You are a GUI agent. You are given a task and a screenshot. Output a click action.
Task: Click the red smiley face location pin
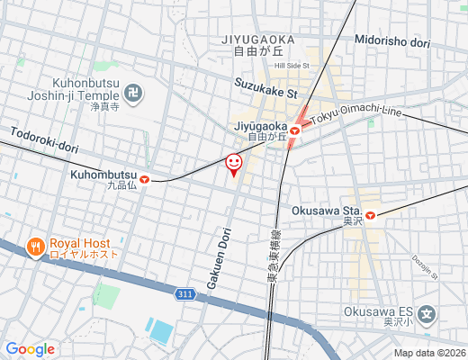click(233, 163)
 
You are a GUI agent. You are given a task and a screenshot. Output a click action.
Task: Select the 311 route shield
click(185, 293)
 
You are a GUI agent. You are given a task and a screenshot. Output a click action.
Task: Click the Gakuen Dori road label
click(215, 256)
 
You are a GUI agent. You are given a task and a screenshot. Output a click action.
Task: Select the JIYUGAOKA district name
click(256, 40)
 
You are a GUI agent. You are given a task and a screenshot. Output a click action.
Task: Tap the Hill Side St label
click(292, 66)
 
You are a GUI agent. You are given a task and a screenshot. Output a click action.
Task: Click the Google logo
click(30, 349)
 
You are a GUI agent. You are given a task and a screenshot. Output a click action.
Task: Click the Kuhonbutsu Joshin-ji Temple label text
click(89, 86)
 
